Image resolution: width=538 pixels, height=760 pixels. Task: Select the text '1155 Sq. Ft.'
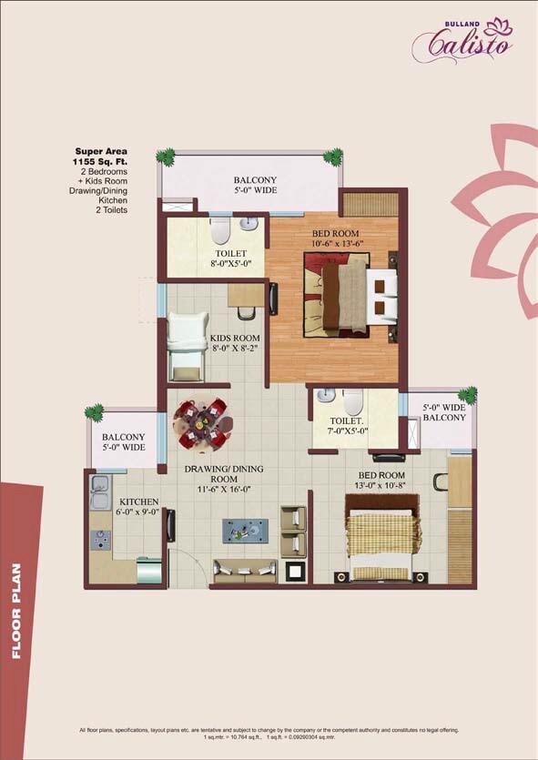100,160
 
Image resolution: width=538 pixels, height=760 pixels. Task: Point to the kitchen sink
98,496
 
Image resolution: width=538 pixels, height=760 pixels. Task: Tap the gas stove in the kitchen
99,539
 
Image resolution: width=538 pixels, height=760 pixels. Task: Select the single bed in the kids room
188,346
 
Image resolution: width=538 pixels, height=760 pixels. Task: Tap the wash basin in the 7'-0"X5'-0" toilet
324,398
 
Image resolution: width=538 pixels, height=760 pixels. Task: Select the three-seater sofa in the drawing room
245,570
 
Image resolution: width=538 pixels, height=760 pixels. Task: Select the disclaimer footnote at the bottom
269,733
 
